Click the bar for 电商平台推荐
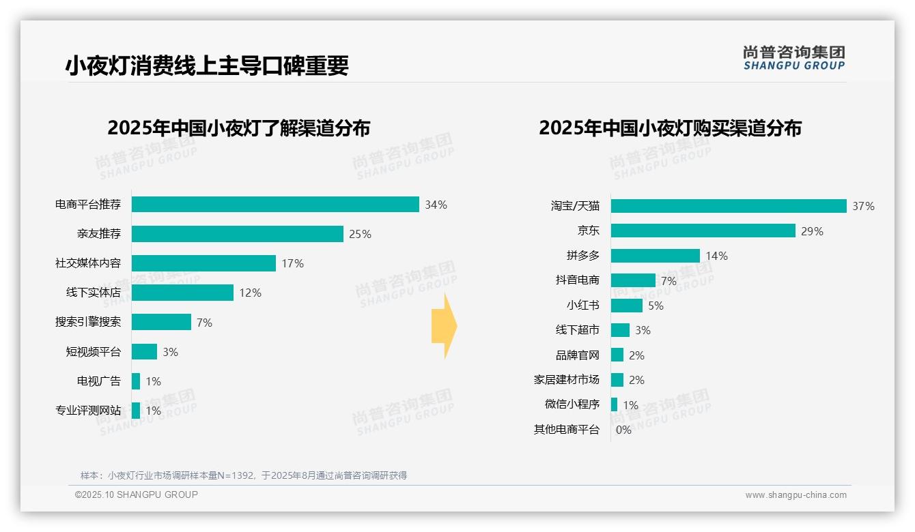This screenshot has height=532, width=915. click(x=275, y=205)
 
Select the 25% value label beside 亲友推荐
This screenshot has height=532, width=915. click(x=360, y=234)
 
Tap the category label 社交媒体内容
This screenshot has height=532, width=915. click(x=88, y=263)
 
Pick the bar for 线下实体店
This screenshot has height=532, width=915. click(x=182, y=293)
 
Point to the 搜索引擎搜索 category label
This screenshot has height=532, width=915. click(x=88, y=322)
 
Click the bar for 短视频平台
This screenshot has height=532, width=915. click(x=144, y=351)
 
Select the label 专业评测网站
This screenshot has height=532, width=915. click(x=88, y=411)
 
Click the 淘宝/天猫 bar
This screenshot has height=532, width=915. click(x=729, y=206)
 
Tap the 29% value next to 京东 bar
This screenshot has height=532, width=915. click(x=812, y=231)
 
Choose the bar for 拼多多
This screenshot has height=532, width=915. click(x=656, y=256)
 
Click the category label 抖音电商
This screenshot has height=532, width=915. click(x=578, y=280)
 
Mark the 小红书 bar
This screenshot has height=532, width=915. click(x=627, y=306)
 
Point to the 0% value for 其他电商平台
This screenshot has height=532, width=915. click(x=623, y=430)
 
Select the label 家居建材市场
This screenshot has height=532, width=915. click(x=567, y=380)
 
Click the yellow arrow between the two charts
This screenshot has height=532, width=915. click(x=444, y=326)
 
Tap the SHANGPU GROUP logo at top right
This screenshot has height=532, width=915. click(x=794, y=58)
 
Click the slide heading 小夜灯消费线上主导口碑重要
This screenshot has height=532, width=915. click(x=207, y=66)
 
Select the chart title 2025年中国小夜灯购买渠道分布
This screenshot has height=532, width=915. click(x=670, y=128)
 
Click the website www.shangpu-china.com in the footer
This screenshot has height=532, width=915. click(x=796, y=495)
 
